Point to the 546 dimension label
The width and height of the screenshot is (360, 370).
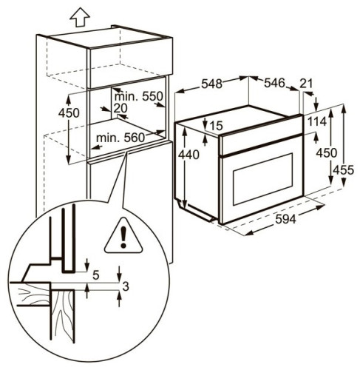point(275,84)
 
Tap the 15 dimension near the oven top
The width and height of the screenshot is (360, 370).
point(215,126)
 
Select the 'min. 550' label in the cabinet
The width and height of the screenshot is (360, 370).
point(138,97)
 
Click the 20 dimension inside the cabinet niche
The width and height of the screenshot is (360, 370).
point(121,109)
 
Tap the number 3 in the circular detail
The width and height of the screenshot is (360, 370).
point(127,286)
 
